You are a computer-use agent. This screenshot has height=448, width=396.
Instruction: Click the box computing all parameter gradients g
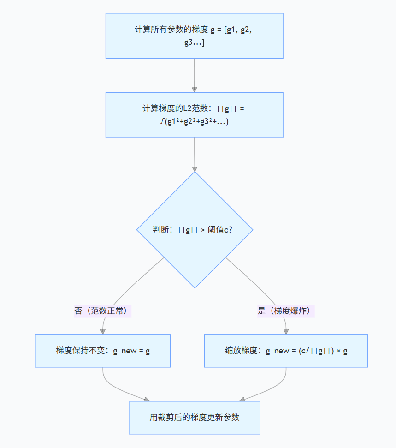click(x=194, y=36)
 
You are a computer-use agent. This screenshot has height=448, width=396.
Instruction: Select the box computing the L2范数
click(x=194, y=115)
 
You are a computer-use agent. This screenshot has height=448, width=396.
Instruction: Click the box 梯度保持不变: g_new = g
click(x=103, y=351)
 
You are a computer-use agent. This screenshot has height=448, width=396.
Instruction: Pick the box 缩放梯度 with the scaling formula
click(x=286, y=351)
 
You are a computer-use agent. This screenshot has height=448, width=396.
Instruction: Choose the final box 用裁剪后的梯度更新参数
click(x=194, y=418)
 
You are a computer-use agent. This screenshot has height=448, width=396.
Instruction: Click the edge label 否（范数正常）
click(x=103, y=311)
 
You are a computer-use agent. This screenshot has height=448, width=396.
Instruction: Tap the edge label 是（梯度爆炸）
click(x=286, y=311)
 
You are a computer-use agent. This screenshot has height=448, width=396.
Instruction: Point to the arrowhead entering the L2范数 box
click(x=195, y=89)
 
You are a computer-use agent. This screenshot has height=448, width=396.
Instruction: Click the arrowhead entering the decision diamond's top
click(x=195, y=168)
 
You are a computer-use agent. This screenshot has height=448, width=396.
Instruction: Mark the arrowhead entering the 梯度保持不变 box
click(x=103, y=331)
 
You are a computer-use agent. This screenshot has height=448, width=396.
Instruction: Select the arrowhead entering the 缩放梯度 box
click(x=286, y=331)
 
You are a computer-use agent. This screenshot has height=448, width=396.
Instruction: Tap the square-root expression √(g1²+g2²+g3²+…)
click(x=194, y=122)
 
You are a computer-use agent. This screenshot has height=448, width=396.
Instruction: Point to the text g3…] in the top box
click(x=194, y=43)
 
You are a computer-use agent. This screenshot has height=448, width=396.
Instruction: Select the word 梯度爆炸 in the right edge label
click(x=295, y=311)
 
